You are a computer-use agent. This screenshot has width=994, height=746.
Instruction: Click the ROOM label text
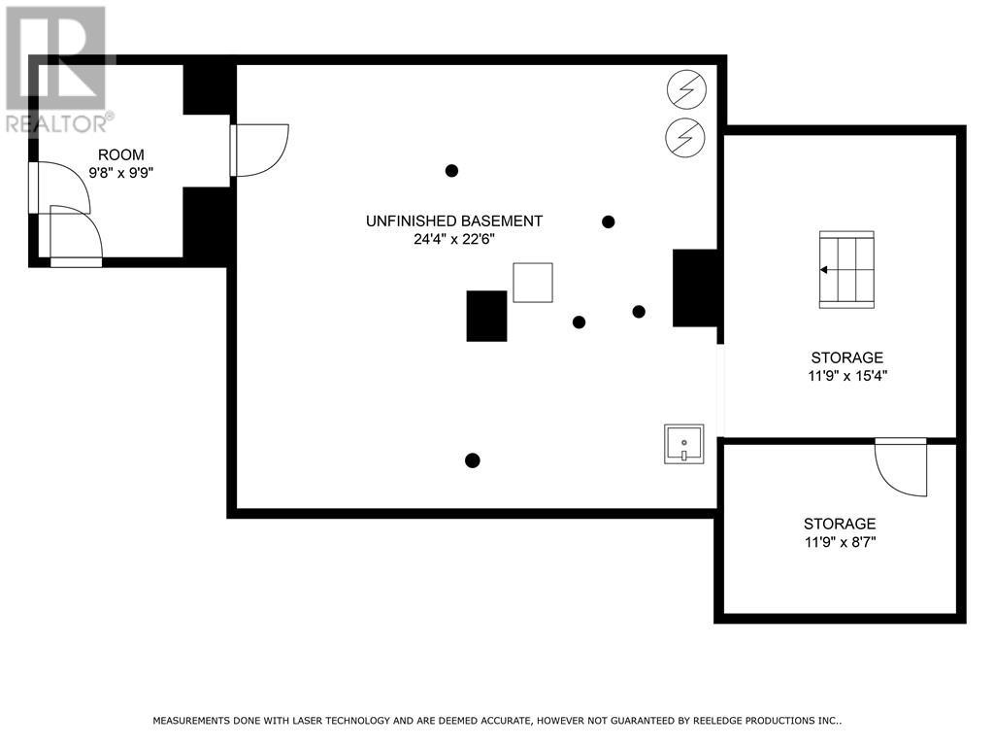[x=121, y=154]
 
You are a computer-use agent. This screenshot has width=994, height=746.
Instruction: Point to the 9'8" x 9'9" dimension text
[x=121, y=172]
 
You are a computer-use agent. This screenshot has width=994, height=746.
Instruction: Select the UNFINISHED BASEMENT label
[x=453, y=220]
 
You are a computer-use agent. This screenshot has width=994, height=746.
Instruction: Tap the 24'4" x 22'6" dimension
[x=453, y=239]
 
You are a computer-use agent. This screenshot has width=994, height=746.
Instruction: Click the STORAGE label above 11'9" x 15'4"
[x=847, y=357]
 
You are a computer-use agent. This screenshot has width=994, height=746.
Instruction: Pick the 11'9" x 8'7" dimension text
[x=839, y=542]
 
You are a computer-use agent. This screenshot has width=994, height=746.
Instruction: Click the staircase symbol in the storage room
[x=846, y=269]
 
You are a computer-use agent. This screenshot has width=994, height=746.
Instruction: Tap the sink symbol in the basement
[x=683, y=443]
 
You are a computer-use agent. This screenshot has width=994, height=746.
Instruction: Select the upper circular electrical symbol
[x=686, y=90]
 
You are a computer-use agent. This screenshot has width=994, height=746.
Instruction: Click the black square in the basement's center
[x=486, y=316]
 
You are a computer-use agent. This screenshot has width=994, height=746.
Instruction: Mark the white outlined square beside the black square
[x=532, y=283]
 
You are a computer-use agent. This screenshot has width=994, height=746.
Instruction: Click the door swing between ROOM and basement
[x=260, y=150]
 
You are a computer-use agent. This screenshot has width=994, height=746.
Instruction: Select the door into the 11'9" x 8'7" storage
[x=902, y=466]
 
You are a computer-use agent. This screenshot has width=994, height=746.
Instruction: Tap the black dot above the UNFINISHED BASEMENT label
[x=451, y=171]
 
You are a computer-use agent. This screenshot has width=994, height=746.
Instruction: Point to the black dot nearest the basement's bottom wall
[x=472, y=460]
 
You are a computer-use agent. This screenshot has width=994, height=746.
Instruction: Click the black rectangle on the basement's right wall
[x=695, y=288]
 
